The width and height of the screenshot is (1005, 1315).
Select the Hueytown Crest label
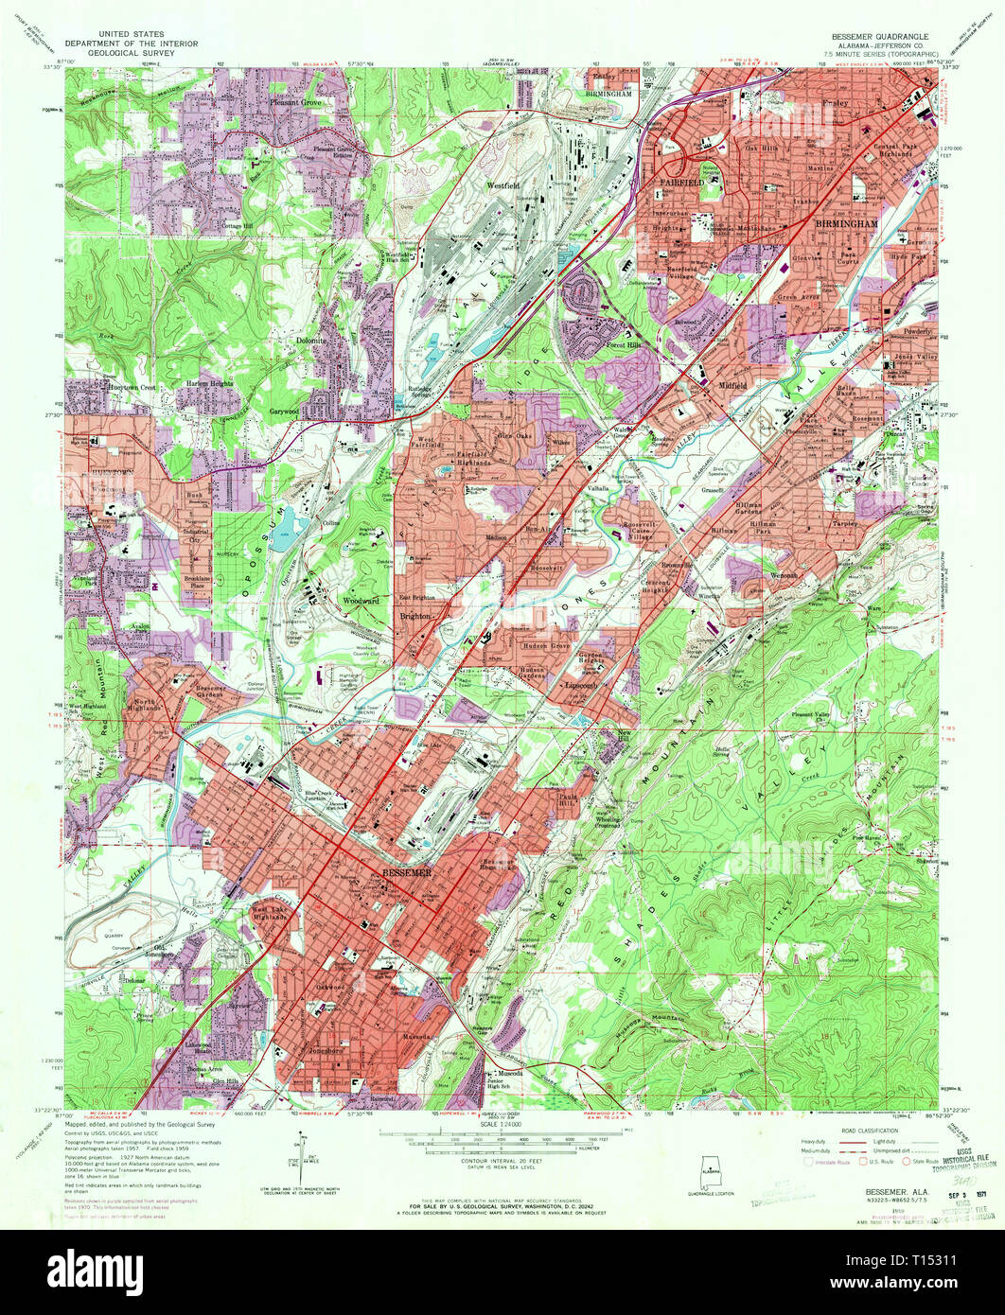point(102,388)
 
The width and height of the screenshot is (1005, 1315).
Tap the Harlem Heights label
point(209,383)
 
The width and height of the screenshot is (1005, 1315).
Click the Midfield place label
point(733,386)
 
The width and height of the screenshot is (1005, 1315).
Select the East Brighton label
point(416,598)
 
